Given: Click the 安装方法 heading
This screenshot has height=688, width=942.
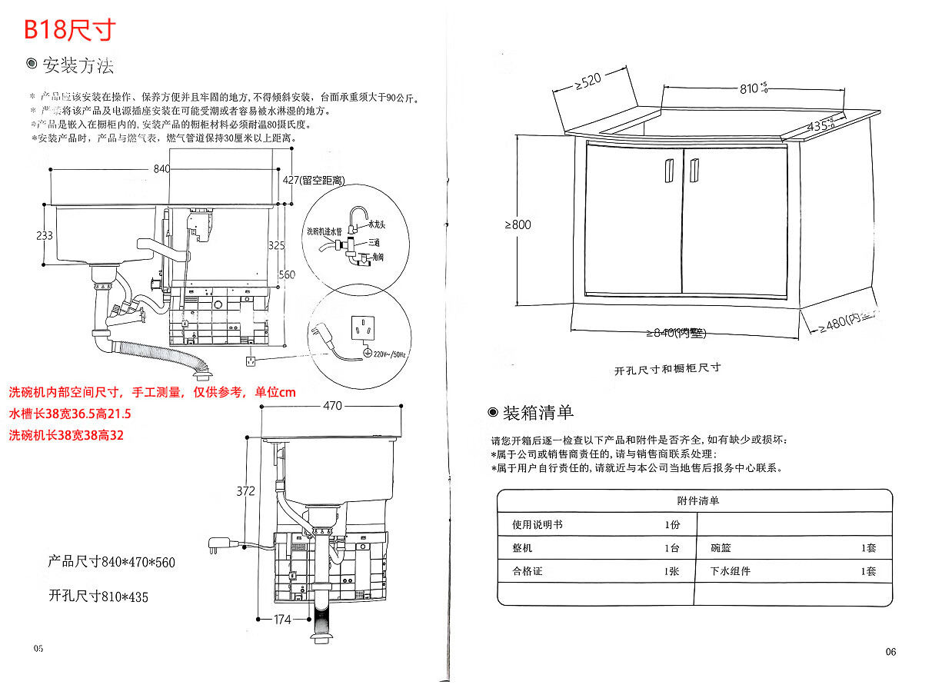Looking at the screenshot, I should [x=78, y=66].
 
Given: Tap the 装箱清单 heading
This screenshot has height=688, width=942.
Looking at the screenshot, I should [x=538, y=413].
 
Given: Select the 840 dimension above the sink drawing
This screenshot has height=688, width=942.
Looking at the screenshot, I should [x=162, y=169].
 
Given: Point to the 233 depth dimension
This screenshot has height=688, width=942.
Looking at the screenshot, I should [x=45, y=235].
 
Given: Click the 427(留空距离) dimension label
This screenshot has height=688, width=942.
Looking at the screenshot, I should [x=313, y=180].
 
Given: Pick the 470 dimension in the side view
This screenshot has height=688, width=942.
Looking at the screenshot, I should [x=332, y=407].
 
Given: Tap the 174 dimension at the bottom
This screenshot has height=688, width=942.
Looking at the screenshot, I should [x=282, y=619].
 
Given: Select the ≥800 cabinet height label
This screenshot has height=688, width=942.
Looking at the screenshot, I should [x=518, y=225].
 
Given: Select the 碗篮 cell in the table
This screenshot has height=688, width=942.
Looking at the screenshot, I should [x=721, y=548].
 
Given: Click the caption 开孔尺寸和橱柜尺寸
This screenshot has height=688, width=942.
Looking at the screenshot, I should [x=667, y=368].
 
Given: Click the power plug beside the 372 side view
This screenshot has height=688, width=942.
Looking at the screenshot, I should [x=216, y=547].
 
